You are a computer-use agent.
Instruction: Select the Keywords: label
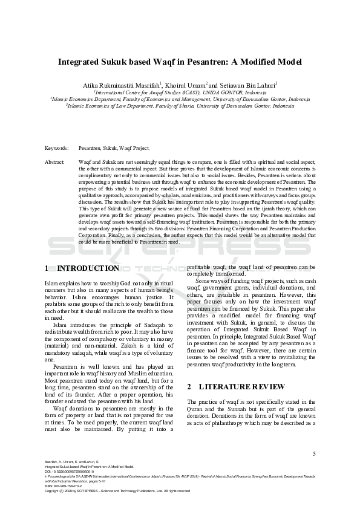pos(57,148)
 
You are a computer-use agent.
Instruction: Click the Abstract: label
pos(56,163)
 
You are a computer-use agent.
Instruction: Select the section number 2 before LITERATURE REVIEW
pos(190,386)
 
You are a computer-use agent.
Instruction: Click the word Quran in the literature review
pos(197,409)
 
